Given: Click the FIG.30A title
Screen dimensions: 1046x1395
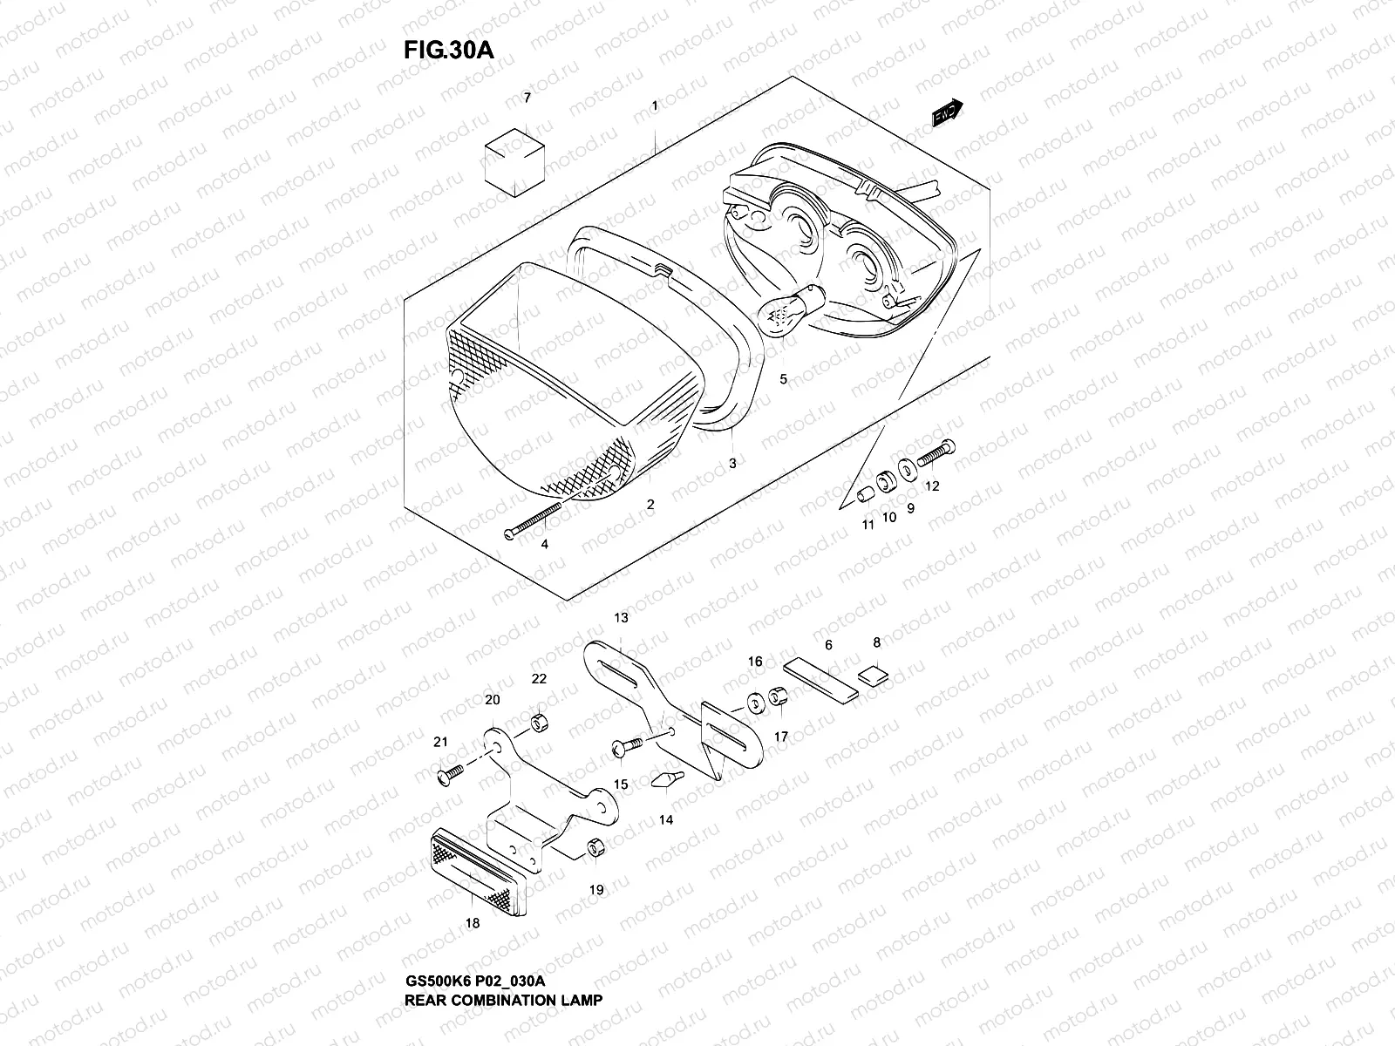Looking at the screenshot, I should coord(449,50).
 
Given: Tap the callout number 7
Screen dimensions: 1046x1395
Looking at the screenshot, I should coord(526,98).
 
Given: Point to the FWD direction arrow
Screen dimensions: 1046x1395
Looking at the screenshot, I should coord(946,112).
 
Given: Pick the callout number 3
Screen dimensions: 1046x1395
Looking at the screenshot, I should coord(732,464).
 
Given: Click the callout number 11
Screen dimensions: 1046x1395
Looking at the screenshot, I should coord(868,525).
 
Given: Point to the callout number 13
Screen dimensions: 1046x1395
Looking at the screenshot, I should coord(621,618).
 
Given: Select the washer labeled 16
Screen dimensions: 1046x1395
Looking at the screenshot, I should coord(754,702).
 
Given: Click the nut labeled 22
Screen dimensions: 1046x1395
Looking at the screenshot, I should coord(538,723).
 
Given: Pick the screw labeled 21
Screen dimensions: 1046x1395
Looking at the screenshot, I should coord(453,772).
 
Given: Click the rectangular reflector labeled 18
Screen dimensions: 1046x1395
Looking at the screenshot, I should coord(478,871).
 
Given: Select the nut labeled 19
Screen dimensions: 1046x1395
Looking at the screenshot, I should coord(595,847).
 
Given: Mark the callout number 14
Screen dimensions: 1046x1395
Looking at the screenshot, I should coord(666,820).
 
